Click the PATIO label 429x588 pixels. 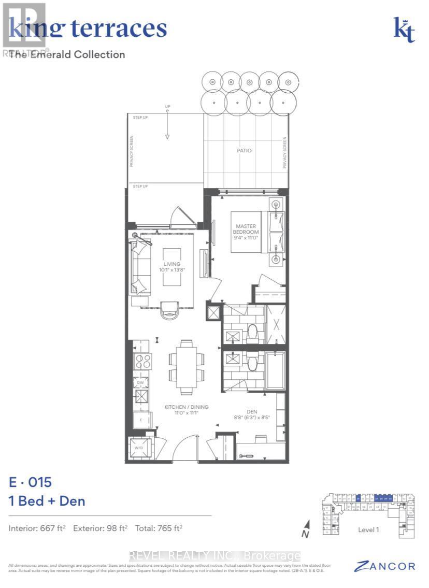[244, 151]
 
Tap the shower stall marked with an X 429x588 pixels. [275, 325]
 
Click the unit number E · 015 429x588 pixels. [31, 482]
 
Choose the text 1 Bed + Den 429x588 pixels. [47, 501]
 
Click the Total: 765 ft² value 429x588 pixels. [159, 528]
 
